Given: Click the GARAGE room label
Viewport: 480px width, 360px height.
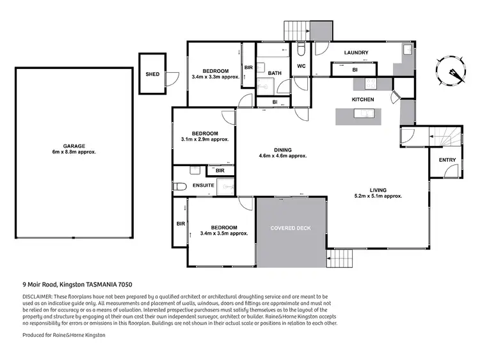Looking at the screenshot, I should coord(74,145).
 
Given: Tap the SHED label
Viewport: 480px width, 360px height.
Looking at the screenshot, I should coord(152,74).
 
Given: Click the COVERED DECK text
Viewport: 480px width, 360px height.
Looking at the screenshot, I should coord(291,228).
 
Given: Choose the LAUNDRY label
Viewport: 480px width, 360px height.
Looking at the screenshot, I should coord(355,52).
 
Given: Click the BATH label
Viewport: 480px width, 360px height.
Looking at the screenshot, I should coord(275,74).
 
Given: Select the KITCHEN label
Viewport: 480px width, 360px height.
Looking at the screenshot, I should coord(362,100).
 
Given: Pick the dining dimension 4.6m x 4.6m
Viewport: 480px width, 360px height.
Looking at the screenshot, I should coord(283,156).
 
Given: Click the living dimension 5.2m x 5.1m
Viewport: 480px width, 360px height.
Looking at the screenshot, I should coord(378,196).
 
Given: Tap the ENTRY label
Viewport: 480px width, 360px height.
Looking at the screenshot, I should coord(447,159).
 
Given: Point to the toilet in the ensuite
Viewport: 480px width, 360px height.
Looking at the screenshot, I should coord(180,187).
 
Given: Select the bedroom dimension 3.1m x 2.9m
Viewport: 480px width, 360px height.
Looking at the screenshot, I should coord(205,139).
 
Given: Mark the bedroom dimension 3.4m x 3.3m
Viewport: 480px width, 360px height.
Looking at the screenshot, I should coord(215,76).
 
